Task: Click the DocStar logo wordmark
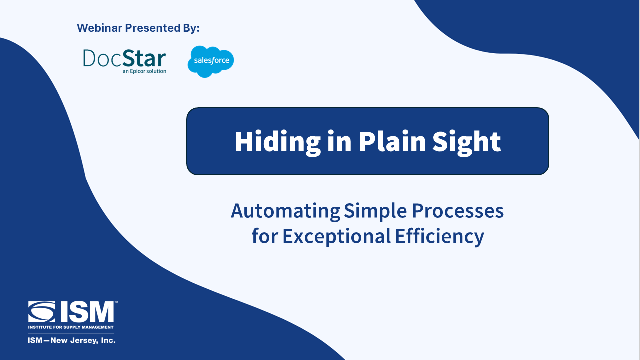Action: tap(124, 58)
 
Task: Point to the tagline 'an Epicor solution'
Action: tap(144, 71)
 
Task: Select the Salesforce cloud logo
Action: tap(211, 61)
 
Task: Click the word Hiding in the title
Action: tap(277, 142)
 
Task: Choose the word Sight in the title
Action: tap(466, 142)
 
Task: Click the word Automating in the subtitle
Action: tap(285, 211)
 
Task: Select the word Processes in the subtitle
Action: tap(457, 211)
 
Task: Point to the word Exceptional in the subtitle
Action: tap(337, 237)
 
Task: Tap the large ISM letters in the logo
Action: tap(87, 312)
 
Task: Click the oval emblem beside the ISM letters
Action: tap(41, 312)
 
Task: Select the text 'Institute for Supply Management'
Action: tap(71, 327)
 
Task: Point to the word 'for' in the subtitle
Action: tap(265, 236)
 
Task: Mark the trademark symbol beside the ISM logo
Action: tap(116, 302)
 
